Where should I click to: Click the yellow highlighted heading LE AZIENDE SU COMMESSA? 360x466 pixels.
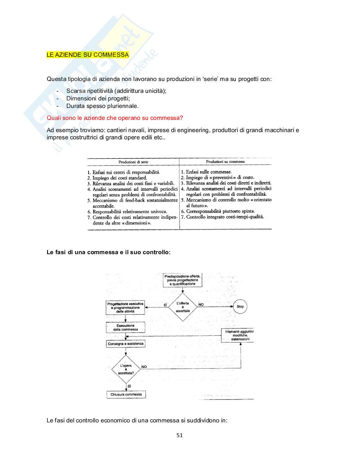pos(87,55)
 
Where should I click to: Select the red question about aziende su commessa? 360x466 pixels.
pos(114,118)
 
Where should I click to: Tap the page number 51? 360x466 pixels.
pos(179,435)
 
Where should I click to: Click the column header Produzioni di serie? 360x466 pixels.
pos(133,162)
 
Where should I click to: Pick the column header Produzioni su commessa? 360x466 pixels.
pos(225,162)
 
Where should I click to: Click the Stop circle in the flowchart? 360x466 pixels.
pos(240,307)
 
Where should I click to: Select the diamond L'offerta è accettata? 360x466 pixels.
pos(183,307)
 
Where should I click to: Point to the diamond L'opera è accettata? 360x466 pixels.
pos(126,369)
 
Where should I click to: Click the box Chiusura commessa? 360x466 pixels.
pos(126,394)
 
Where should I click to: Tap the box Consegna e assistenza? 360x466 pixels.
pos(125,344)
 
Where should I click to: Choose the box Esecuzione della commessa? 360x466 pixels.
pos(125,328)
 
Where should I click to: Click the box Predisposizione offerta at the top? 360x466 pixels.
pos(183,280)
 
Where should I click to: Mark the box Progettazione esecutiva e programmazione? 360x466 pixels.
pos(125,308)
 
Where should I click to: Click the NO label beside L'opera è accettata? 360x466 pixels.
pos(144,367)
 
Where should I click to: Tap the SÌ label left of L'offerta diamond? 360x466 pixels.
pos(165,305)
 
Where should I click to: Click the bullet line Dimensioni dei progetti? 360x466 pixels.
pos(98,99)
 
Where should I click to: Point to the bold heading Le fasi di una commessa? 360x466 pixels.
pos(109,252)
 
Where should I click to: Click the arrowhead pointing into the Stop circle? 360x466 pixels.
pos(232,307)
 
